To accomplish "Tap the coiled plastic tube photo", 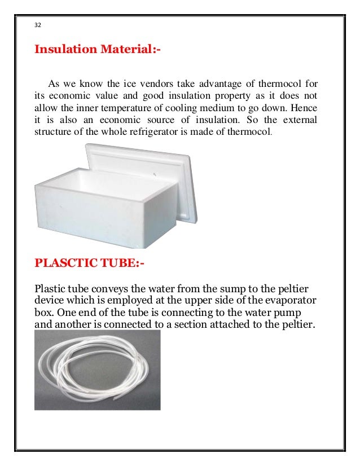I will tap(97, 370).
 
